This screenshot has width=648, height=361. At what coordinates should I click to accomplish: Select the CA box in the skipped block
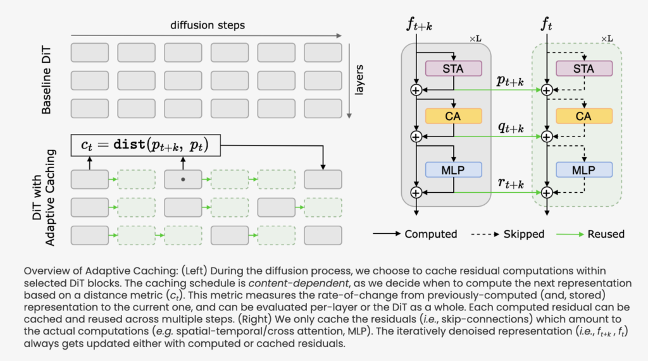[583, 116]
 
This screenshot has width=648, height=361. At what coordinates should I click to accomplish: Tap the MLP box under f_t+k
[454, 169]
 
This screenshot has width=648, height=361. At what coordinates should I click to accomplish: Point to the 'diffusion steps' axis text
[207, 25]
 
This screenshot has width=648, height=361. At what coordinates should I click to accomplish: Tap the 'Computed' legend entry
[430, 234]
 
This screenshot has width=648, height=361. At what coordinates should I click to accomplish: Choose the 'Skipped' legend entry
[522, 234]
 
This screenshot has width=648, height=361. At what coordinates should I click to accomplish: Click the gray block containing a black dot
[183, 180]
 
